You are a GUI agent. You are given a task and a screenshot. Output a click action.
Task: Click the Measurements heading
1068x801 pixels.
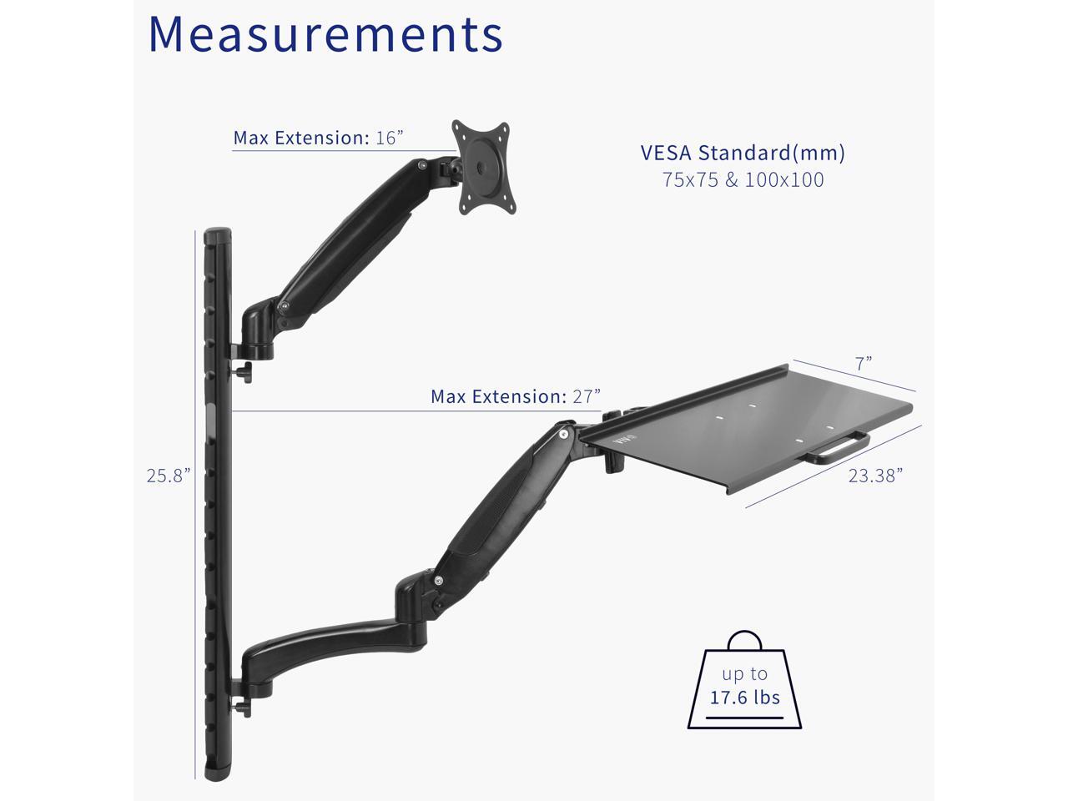pos(325,34)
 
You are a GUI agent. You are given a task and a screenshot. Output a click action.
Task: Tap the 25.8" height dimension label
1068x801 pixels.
pos(169,475)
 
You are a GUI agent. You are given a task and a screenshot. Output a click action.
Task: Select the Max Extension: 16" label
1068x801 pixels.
pos(318,138)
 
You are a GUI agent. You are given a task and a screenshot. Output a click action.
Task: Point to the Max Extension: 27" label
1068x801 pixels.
pos(516,396)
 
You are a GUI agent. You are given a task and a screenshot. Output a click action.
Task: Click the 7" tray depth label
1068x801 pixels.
pos(864,363)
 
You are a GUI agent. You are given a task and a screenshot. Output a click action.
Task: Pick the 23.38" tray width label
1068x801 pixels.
pos(875,476)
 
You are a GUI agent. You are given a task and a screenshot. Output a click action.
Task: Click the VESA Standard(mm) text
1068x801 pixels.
pos(743,153)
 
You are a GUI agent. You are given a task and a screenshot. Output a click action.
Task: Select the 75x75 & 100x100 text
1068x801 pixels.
pos(743,180)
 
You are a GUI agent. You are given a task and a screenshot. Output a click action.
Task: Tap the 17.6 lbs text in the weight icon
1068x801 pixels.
pos(744,698)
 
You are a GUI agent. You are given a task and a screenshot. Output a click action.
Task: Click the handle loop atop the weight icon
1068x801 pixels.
pos(744,633)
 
